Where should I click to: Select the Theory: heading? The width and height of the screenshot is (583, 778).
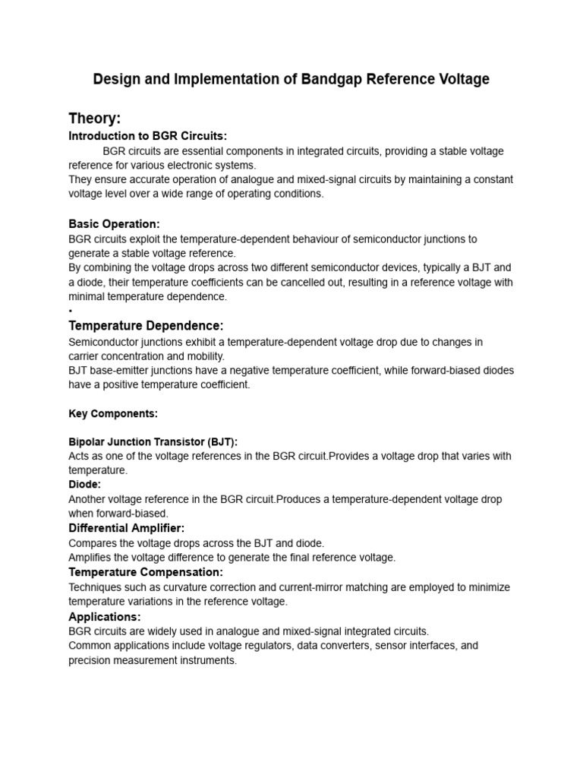(x=95, y=119)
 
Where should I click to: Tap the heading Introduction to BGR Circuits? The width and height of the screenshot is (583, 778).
(x=148, y=136)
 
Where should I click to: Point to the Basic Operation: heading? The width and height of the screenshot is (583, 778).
(x=114, y=224)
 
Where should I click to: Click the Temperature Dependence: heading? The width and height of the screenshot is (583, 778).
(x=146, y=326)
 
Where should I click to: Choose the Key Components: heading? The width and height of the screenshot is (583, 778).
(x=113, y=414)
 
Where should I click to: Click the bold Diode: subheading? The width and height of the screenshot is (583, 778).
(x=85, y=484)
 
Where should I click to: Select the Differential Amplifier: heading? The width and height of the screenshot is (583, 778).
(x=127, y=528)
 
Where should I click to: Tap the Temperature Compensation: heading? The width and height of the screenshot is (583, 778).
(x=146, y=571)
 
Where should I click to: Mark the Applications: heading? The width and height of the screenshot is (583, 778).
(x=105, y=616)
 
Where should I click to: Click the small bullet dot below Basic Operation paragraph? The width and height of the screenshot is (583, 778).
(x=70, y=312)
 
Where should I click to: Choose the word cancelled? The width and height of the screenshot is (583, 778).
(x=329, y=283)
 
